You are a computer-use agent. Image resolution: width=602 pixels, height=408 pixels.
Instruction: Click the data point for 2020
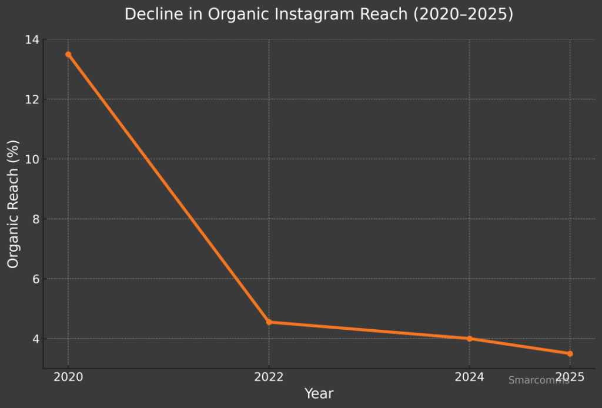click(68, 54)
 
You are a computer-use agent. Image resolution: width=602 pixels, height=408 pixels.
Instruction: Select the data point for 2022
click(269, 322)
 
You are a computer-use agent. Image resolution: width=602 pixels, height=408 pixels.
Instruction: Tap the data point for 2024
click(469, 339)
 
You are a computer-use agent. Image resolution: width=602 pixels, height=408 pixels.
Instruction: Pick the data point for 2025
click(570, 353)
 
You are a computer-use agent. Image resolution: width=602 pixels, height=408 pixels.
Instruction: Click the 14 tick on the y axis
click(32, 39)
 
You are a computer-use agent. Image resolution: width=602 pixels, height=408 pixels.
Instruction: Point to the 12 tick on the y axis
click(32, 99)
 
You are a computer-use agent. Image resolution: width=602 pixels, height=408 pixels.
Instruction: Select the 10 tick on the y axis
click(32, 159)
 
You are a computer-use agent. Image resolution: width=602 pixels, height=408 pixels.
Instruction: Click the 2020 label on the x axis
click(68, 377)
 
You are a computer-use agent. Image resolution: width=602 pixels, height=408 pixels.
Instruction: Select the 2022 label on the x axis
click(269, 377)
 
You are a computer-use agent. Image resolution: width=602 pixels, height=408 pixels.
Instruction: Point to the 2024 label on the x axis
click(469, 377)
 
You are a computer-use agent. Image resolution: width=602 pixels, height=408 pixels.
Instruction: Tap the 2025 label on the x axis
click(570, 376)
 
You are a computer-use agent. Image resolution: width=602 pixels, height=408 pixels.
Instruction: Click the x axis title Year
click(319, 394)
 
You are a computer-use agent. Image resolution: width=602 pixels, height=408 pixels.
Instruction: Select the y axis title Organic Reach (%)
click(14, 204)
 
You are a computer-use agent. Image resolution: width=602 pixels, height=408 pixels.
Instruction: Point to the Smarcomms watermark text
click(539, 380)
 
